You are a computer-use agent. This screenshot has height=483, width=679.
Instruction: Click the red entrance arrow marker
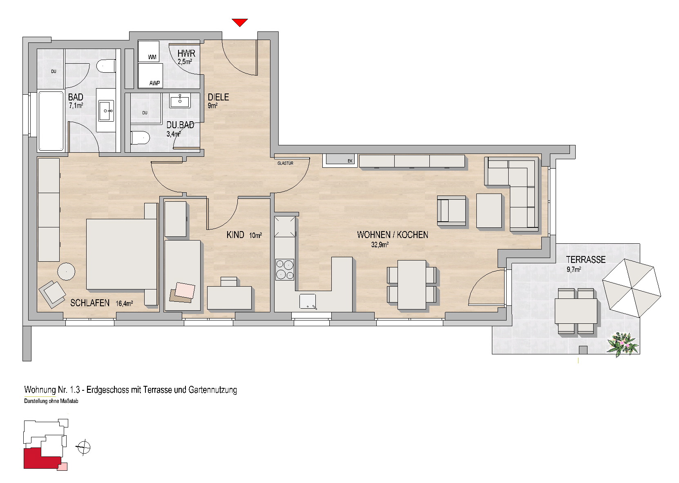click(240, 22)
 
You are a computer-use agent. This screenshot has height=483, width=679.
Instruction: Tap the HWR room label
click(186, 53)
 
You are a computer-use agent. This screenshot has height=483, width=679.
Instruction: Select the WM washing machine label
click(152, 57)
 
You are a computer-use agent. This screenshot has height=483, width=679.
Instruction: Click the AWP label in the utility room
click(154, 83)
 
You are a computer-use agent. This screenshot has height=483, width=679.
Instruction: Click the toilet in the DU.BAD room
click(141, 138)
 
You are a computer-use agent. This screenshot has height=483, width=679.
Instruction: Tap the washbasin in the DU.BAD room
click(180, 100)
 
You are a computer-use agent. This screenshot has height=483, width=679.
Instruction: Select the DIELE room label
click(218, 97)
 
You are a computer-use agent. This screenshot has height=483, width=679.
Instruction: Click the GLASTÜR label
click(285, 163)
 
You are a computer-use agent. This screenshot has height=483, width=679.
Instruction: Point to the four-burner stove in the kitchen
click(285, 269)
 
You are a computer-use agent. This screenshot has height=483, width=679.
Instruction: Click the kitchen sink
click(308, 301)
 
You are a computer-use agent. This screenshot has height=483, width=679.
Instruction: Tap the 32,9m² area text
click(380, 245)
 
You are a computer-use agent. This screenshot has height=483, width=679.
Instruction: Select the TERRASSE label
click(585, 260)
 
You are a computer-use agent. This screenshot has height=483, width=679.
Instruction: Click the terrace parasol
click(632, 288)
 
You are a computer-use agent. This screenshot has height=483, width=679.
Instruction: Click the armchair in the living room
click(451, 211)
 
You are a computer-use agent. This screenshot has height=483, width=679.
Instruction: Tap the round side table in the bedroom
click(66, 272)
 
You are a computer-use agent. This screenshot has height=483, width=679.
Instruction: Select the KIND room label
click(235, 235)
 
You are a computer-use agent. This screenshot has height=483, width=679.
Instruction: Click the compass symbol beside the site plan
click(84, 447)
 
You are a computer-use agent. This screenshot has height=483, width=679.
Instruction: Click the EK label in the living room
click(350, 161)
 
